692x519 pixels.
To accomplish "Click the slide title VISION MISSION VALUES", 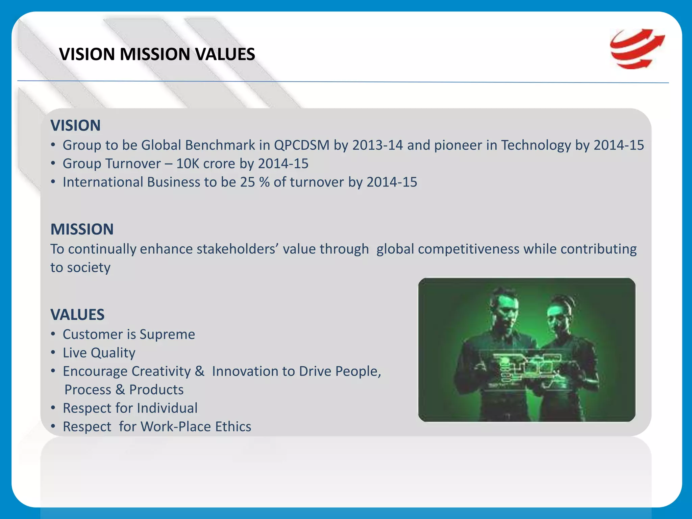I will (157, 54).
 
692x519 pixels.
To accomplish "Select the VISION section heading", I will (75, 125).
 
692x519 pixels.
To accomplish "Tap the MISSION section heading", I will (82, 229).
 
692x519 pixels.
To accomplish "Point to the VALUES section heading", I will (77, 315).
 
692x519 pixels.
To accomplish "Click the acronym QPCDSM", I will (301, 145).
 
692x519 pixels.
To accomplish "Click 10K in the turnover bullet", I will (188, 164).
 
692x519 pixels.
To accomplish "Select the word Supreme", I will (167, 334).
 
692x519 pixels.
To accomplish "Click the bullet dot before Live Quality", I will (53, 352).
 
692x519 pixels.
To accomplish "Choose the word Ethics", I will (233, 426).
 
